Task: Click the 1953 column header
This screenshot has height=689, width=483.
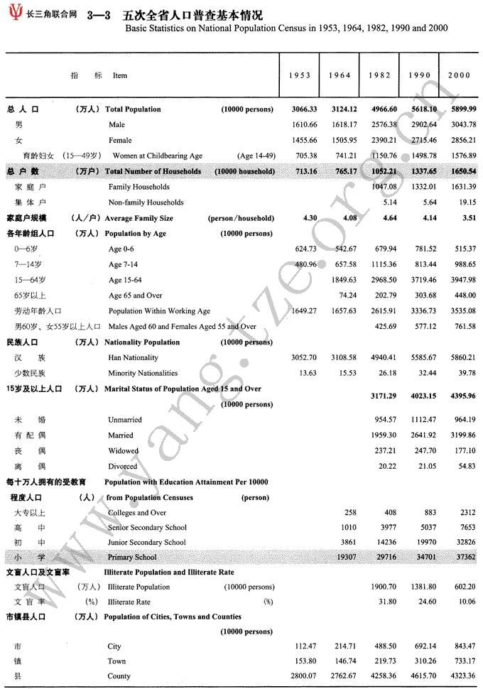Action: pyautogui.click(x=300, y=75)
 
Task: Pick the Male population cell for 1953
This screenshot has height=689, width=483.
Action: pyautogui.click(x=304, y=125)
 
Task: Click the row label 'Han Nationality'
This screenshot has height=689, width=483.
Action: pyautogui.click(x=133, y=358)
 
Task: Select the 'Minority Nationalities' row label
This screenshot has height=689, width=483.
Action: pyautogui.click(x=143, y=373)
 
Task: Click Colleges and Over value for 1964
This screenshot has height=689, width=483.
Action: pyautogui.click(x=349, y=512)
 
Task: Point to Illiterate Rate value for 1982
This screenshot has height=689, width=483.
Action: pyautogui.click(x=388, y=602)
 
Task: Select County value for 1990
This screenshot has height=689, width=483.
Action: pyautogui.click(x=425, y=676)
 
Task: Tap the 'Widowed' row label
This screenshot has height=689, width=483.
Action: pyautogui.click(x=123, y=451)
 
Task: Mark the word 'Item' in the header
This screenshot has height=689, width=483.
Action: pyautogui.click(x=120, y=75)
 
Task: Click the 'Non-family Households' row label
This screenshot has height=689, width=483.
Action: pyautogui.click(x=146, y=202)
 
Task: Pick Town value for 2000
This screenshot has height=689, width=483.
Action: pyautogui.click(x=465, y=661)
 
